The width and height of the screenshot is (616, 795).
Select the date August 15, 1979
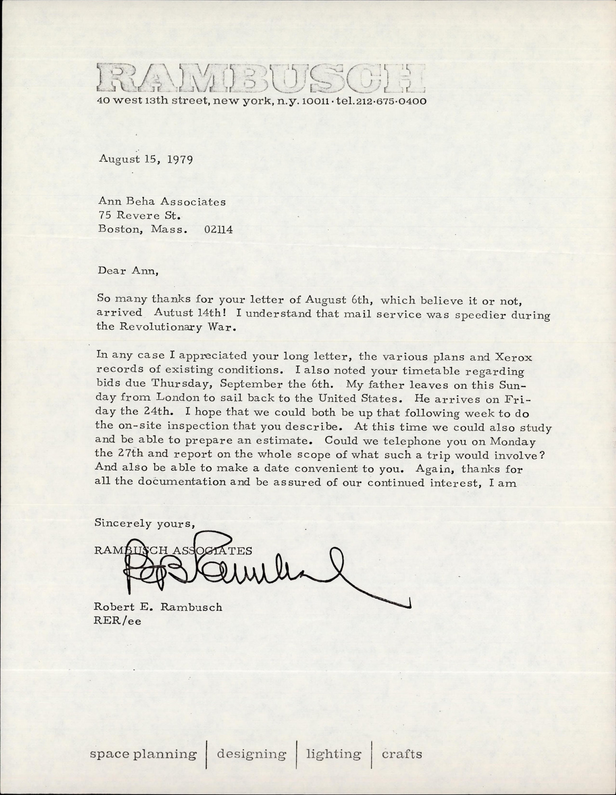click(x=145, y=159)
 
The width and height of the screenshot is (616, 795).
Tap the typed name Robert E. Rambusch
click(x=158, y=607)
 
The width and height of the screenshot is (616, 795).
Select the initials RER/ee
click(x=118, y=621)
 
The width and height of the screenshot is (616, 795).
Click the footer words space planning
click(x=143, y=754)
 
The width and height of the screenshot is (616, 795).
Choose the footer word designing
click(x=252, y=754)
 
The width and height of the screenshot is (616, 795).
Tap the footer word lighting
click(x=334, y=754)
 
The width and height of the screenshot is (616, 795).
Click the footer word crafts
click(x=402, y=754)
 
